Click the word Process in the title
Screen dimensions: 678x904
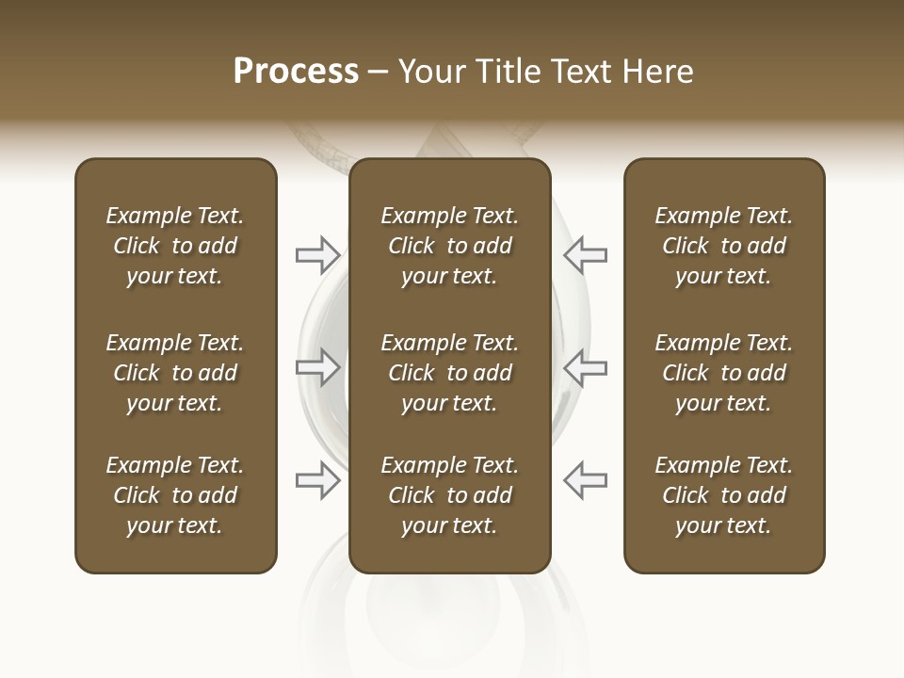click(296, 72)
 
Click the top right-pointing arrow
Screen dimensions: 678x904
click(318, 255)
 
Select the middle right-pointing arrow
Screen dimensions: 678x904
click(318, 367)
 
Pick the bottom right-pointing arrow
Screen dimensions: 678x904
click(318, 480)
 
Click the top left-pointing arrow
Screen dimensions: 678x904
click(585, 255)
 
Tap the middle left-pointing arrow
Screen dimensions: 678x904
click(585, 367)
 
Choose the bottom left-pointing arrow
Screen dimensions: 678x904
click(585, 480)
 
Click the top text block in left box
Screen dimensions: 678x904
click(175, 246)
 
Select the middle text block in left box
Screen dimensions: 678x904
click(175, 373)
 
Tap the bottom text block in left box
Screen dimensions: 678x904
click(175, 495)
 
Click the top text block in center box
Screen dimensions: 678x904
click(449, 246)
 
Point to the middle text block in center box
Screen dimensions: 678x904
click(449, 373)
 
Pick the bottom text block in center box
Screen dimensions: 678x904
click(449, 495)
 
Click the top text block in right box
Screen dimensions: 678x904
click(723, 246)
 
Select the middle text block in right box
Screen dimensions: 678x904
click(723, 373)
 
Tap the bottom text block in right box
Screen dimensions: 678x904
click(723, 495)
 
